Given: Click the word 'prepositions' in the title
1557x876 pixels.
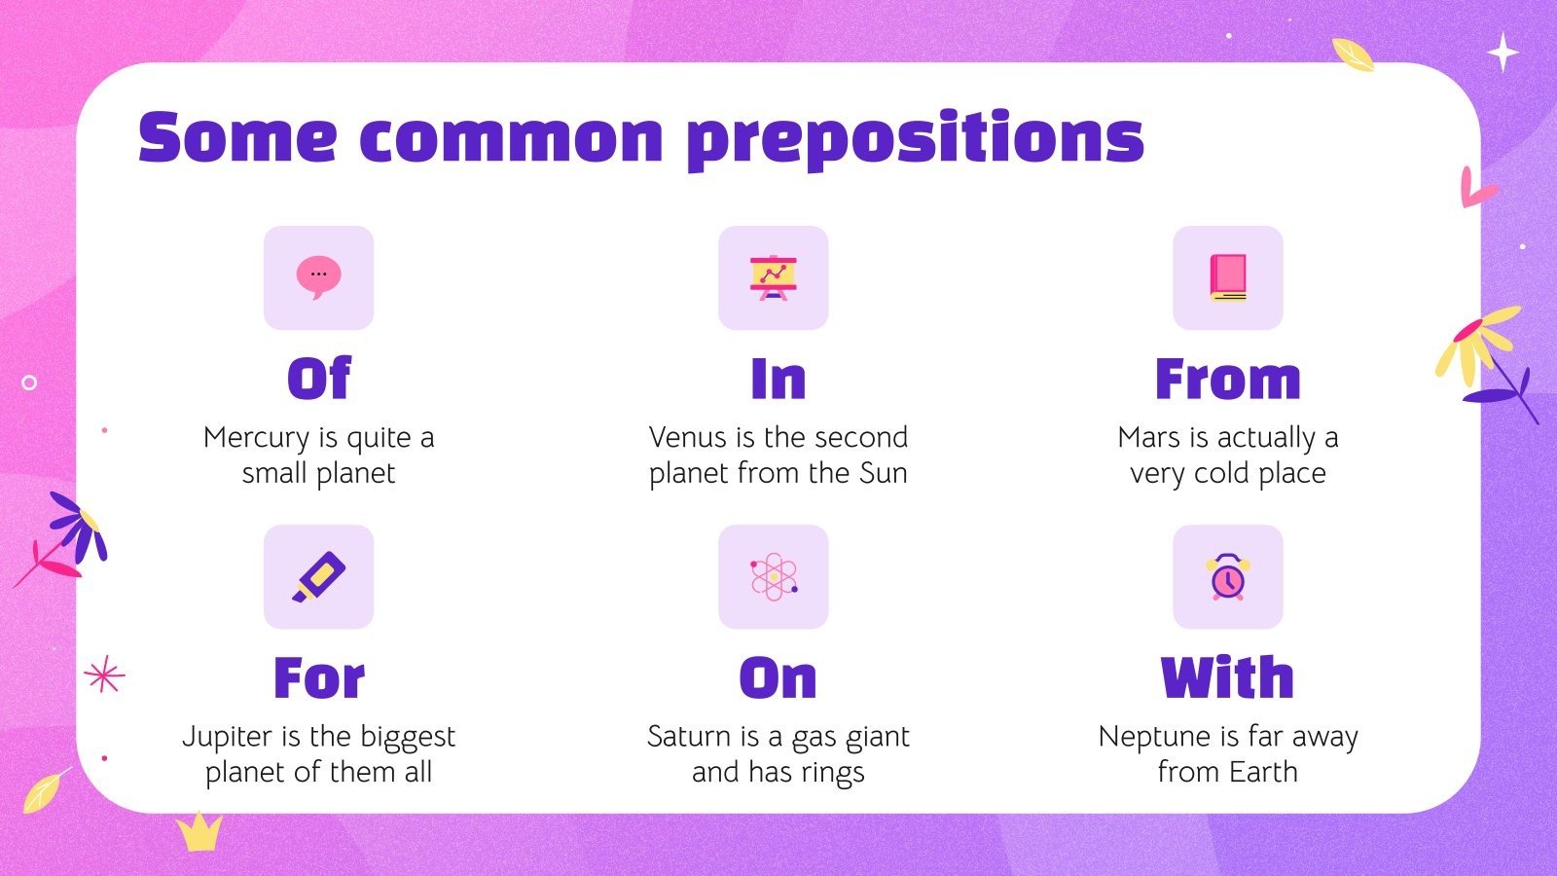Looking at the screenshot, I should click(915, 138).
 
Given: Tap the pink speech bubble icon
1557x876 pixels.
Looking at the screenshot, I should click(318, 276).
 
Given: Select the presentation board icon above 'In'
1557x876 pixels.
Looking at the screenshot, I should click(773, 277).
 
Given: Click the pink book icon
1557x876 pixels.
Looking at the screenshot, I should click(1227, 277).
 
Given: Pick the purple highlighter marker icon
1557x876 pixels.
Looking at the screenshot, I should click(318, 576).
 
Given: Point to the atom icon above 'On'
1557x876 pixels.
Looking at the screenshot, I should click(773, 576).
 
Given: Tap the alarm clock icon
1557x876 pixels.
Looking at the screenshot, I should click(1227, 576).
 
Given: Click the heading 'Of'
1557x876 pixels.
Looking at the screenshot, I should click(318, 379).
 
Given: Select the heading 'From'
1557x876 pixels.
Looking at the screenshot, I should click(1227, 379).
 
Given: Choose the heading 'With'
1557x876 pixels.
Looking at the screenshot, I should click(1227, 677).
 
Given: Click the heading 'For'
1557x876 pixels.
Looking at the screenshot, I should click(318, 677).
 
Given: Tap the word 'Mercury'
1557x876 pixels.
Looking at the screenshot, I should click(256, 438).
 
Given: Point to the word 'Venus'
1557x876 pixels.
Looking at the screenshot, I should click(687, 437).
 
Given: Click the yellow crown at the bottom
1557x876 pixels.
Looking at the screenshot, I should click(199, 832).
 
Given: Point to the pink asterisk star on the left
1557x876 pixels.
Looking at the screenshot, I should click(104, 675).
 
